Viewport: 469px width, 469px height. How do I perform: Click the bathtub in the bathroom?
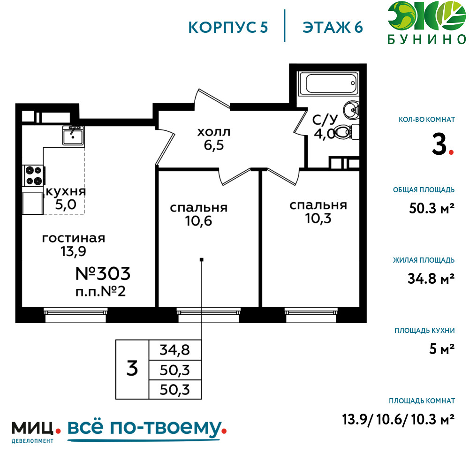(328, 83)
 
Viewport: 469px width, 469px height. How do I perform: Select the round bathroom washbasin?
(351, 110)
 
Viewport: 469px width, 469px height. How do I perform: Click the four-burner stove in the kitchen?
(33, 175)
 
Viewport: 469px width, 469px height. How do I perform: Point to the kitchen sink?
(73, 136)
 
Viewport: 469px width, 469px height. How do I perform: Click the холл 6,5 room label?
(214, 139)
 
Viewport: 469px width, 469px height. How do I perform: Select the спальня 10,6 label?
(198, 214)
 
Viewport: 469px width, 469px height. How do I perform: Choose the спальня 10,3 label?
(318, 212)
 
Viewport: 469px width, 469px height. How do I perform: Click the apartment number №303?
(103, 273)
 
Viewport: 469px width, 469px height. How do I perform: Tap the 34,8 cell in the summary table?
(174, 350)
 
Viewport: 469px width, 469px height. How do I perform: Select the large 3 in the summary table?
(132, 369)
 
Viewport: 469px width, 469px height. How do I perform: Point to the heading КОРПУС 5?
(228, 28)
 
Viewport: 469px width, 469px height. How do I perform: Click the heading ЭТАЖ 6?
(333, 28)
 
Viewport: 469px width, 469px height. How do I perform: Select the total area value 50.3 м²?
(431, 208)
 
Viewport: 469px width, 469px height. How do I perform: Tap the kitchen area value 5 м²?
(442, 349)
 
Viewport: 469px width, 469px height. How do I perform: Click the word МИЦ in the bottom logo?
(32, 428)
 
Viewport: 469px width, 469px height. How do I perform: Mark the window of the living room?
(76, 315)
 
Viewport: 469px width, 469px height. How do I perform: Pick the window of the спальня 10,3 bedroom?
(311, 315)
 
